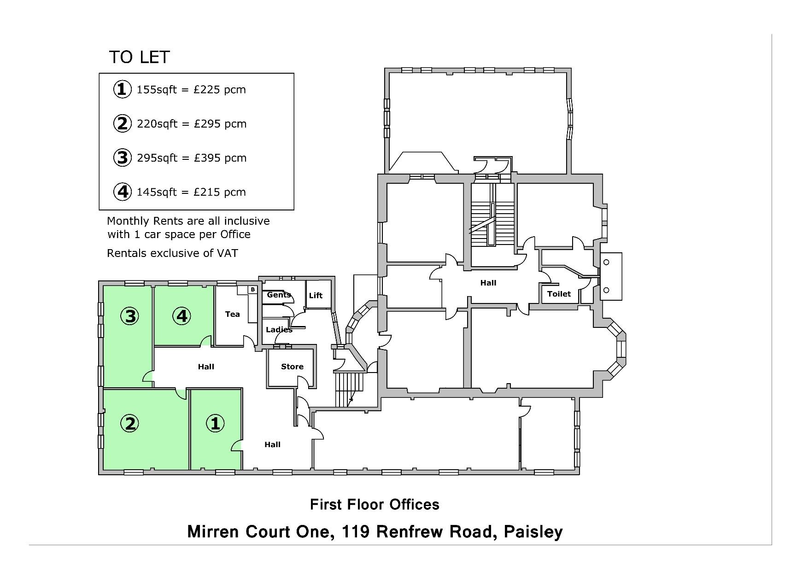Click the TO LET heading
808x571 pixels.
pos(140,57)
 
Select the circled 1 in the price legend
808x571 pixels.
pos(122,89)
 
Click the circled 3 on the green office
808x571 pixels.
pos(130,316)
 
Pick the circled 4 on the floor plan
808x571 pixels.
pos(182,316)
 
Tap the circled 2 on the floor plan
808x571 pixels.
pos(130,423)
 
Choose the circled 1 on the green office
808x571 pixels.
pos(215,423)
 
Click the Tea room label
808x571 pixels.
pos(232,314)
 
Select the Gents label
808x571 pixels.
pos(279,295)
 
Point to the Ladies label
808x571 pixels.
pos(279,330)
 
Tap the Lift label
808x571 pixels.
pos(316,296)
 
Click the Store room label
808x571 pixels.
pos(292,367)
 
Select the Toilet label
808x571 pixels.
pos(559,294)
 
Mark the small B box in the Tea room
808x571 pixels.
pos(252,290)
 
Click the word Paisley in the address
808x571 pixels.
pos(533,532)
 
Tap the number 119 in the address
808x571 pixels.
pos(356,531)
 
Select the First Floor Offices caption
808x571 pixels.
pos(375,504)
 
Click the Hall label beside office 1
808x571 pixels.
pos(272,444)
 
